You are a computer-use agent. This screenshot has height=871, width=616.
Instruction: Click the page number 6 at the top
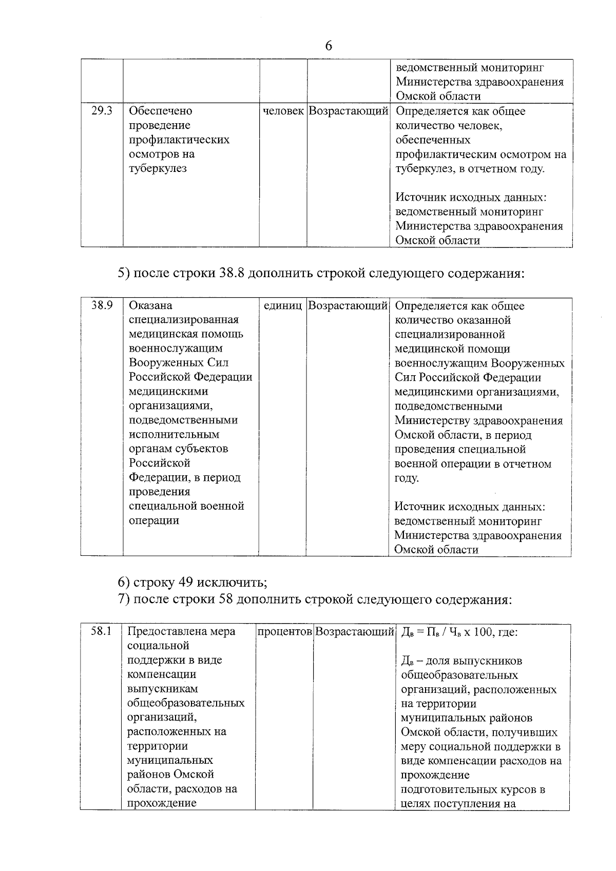pos(329,46)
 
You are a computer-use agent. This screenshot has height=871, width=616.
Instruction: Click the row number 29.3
pos(102,110)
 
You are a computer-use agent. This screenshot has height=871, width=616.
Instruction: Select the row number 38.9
pos(102,305)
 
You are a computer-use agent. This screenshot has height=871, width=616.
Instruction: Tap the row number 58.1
pos(101,631)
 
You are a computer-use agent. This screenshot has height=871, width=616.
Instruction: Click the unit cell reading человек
pos(283,111)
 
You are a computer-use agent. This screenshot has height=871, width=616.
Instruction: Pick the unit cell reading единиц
pos(282,305)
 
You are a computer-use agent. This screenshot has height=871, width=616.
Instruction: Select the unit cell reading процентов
pos(284,631)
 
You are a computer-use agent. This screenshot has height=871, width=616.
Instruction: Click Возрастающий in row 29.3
pos(348,111)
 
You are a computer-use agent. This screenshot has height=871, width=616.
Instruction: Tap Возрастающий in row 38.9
pos(348,305)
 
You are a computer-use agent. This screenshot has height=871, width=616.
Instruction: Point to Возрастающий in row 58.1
pos(354,631)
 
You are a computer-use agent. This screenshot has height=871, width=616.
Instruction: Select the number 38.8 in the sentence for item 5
pos(231,274)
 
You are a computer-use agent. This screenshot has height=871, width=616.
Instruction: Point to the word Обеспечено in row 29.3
pos(160,111)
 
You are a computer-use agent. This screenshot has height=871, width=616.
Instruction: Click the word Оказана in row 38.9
pos(150,305)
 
